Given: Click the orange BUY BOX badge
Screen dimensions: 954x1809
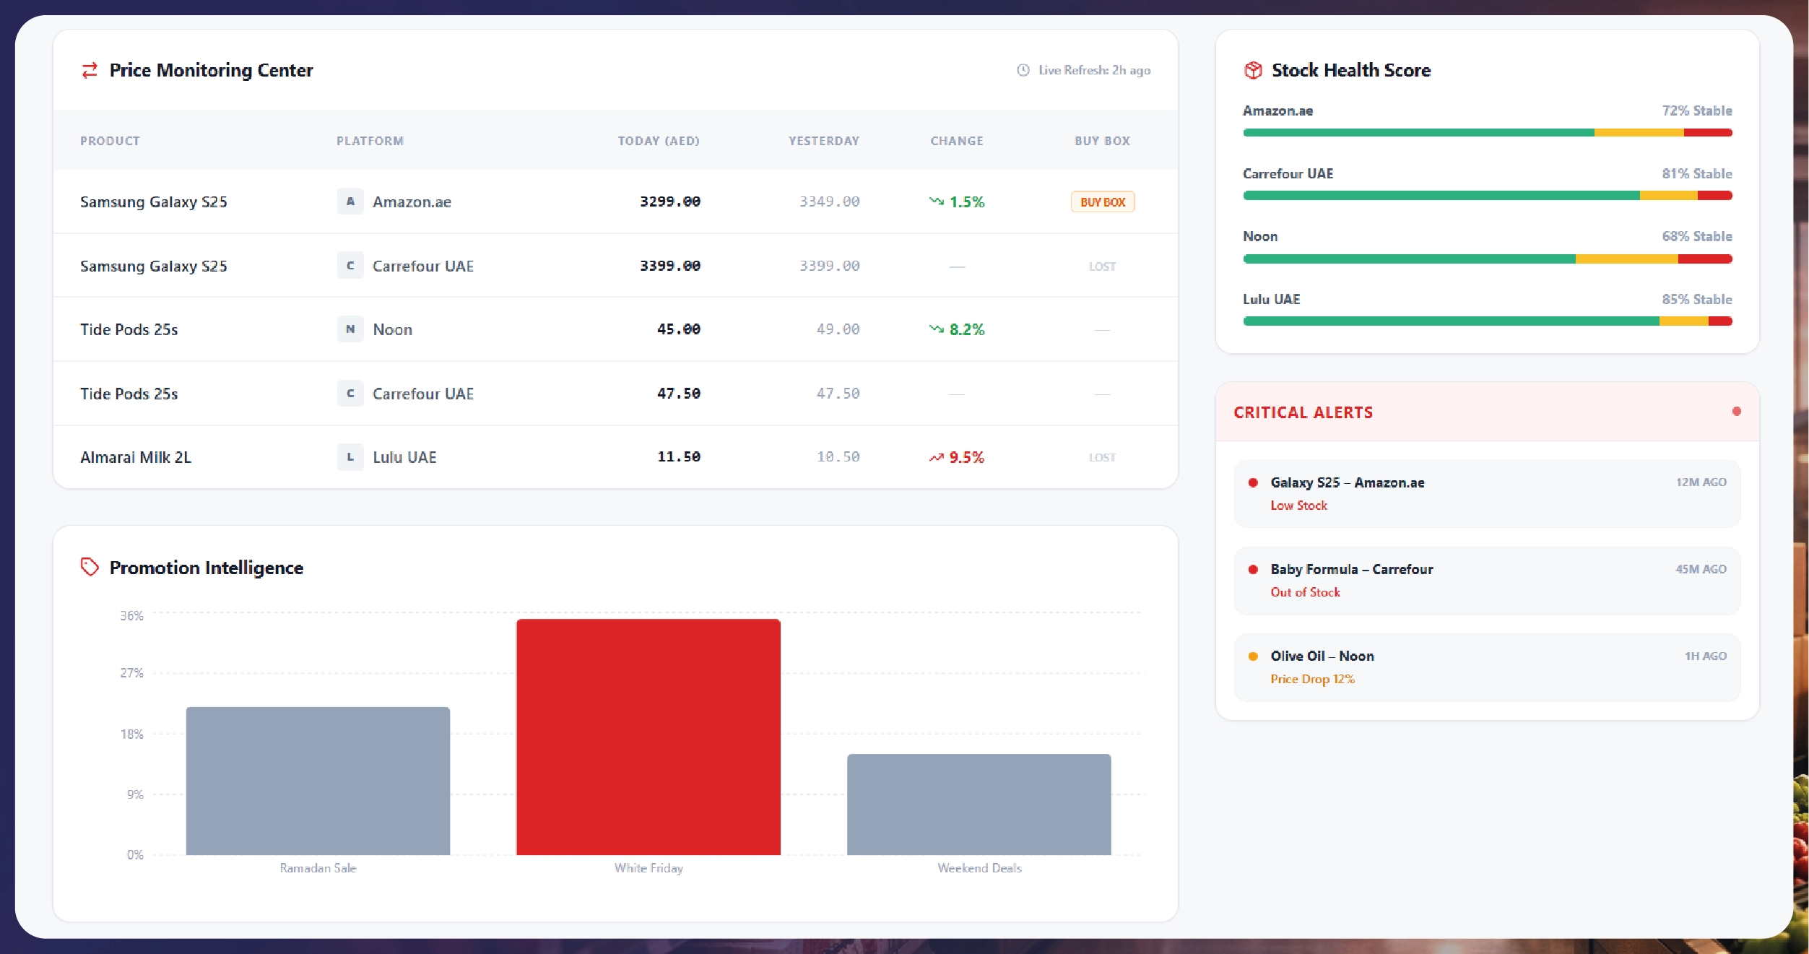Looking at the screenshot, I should tap(1102, 202).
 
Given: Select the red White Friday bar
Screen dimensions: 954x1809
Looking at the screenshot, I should tap(648, 737).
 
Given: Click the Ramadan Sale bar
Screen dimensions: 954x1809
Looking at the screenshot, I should tap(318, 781).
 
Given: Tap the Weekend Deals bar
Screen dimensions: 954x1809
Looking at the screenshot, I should tap(979, 804).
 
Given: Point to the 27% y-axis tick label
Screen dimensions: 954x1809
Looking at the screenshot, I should tap(131, 673).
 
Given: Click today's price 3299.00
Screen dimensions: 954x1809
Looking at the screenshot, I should tap(669, 201).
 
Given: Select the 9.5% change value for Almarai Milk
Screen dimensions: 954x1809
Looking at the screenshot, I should tap(966, 457).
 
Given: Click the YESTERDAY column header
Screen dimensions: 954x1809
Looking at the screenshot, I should tap(823, 141).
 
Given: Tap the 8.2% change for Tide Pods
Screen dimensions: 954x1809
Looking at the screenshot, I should tap(966, 329).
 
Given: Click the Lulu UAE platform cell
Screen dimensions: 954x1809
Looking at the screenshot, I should tap(404, 457).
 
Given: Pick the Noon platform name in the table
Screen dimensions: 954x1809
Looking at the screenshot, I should tap(392, 329).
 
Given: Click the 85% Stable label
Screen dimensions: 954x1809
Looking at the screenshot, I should tap(1696, 299).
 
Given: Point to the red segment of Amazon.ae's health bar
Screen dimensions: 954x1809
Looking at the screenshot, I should tap(1707, 133).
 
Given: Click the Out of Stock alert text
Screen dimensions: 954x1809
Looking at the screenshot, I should tap(1305, 592).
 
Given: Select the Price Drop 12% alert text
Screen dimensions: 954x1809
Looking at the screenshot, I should tap(1312, 679).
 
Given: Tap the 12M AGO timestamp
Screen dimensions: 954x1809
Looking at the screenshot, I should tap(1701, 482).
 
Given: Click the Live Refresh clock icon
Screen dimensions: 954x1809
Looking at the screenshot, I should tap(1023, 70).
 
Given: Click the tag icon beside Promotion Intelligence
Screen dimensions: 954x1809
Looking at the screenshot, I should tap(90, 567).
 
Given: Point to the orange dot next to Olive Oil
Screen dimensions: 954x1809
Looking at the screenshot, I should tap(1253, 656).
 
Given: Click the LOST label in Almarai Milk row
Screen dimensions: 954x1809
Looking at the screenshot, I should tap(1102, 458).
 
